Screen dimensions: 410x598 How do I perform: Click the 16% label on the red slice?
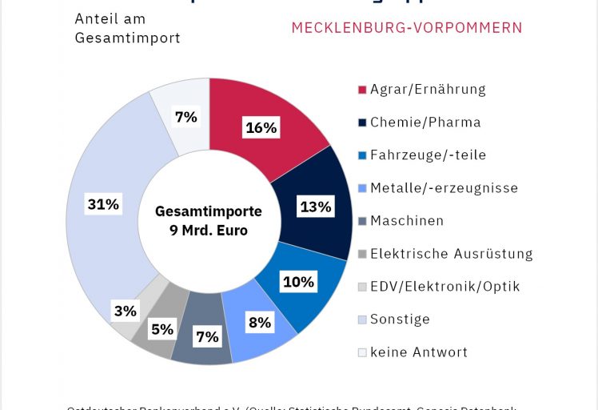pos(261,127)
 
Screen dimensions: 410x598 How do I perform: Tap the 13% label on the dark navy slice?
pos(315,207)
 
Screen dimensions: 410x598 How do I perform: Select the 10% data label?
pos(299,281)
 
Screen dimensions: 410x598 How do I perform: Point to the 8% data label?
pos(260,323)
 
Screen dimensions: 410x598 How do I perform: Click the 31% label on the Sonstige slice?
pos(103,204)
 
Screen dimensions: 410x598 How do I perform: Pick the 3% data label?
pos(125,311)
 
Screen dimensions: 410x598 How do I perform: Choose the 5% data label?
pos(162,328)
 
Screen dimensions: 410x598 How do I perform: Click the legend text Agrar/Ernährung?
pos(428,90)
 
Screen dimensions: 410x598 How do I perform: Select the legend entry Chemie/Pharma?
pos(425,123)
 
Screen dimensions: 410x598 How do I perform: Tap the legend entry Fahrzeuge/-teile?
pos(428,155)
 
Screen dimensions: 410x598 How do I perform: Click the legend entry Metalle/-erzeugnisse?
pos(444,188)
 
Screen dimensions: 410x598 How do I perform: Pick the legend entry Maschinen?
pos(407,221)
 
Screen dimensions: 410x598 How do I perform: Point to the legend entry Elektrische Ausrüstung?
pos(451,254)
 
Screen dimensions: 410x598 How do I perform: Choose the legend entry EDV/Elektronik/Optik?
pos(445,287)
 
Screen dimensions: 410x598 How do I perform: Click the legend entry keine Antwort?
pos(419,352)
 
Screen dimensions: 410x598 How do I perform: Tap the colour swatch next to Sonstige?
pos(362,320)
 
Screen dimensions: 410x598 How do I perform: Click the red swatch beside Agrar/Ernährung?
pos(362,90)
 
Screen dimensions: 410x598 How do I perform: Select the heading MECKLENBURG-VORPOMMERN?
pos(407,28)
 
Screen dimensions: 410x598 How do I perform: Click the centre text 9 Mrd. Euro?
pos(209,231)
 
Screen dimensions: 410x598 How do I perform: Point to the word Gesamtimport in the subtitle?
pos(128,38)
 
